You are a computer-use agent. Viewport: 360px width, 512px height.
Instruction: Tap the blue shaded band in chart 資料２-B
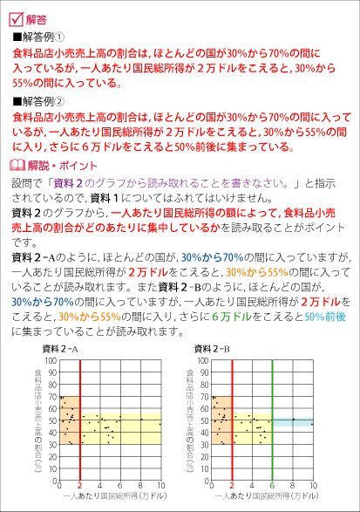(x=292, y=422)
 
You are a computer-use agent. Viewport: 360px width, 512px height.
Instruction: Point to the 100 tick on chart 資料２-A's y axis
(x=51, y=359)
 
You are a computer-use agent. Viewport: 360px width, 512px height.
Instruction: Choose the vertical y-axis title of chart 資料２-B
(x=190, y=419)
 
